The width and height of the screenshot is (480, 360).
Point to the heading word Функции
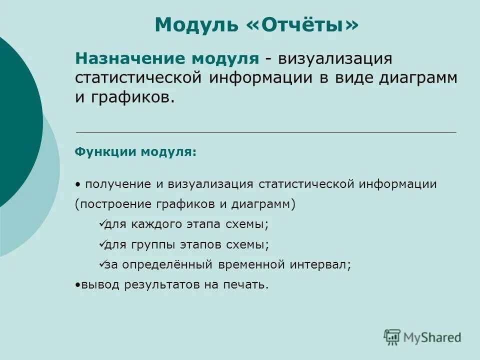tap(105, 151)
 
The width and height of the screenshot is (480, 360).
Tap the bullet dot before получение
tap(78, 184)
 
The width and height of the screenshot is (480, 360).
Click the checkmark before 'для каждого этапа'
tap(101, 224)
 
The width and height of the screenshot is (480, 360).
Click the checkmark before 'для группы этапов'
tap(101, 244)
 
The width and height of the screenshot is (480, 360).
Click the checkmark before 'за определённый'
tap(101, 264)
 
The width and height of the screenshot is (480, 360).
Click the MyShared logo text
tap(432, 337)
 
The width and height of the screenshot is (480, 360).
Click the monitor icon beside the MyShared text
tap(392, 337)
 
